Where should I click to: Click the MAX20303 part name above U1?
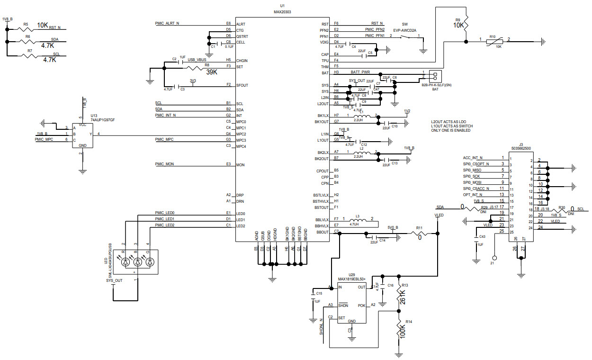click(x=282, y=12)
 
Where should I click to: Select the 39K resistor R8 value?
click(x=212, y=72)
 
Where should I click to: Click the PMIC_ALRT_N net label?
click(x=167, y=23)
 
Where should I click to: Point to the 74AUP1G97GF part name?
click(x=103, y=120)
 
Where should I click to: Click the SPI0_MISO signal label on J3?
click(x=472, y=170)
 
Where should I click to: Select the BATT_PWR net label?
click(x=360, y=72)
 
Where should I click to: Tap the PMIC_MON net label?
click(x=165, y=164)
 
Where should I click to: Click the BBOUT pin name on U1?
click(x=323, y=232)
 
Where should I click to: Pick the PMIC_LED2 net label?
click(x=165, y=225)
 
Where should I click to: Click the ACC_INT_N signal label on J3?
click(x=473, y=158)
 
